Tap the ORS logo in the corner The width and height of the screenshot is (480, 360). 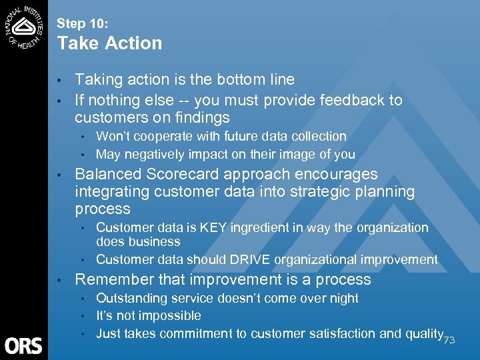23,345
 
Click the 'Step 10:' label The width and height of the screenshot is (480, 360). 81,23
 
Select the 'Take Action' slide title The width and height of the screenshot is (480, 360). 109,43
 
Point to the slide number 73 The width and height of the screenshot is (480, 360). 449,340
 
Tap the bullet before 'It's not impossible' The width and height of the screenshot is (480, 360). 83,316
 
